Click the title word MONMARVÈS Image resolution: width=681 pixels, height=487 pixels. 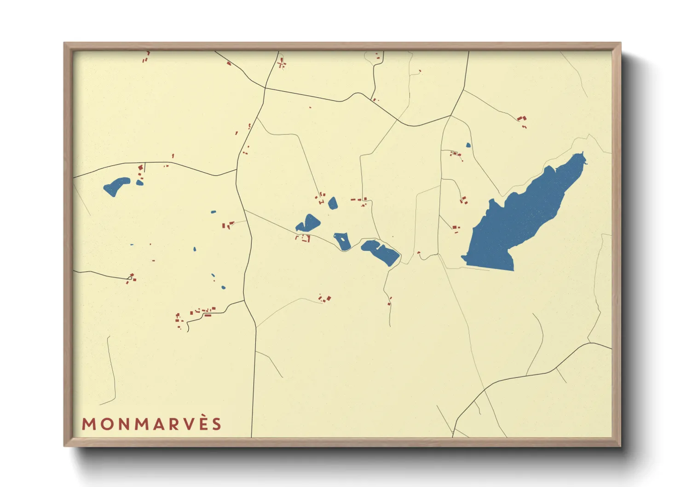152,424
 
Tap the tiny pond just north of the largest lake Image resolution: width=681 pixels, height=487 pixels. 468,145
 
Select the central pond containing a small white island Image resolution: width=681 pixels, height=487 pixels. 342,241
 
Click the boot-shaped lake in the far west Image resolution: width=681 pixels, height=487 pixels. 116,186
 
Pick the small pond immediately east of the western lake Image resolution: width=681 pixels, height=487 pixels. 139,183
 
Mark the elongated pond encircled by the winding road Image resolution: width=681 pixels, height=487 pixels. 381,252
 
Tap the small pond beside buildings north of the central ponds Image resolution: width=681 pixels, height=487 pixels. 332,203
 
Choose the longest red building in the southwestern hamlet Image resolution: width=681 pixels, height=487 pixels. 208,315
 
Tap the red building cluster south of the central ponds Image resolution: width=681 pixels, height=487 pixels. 325,299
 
